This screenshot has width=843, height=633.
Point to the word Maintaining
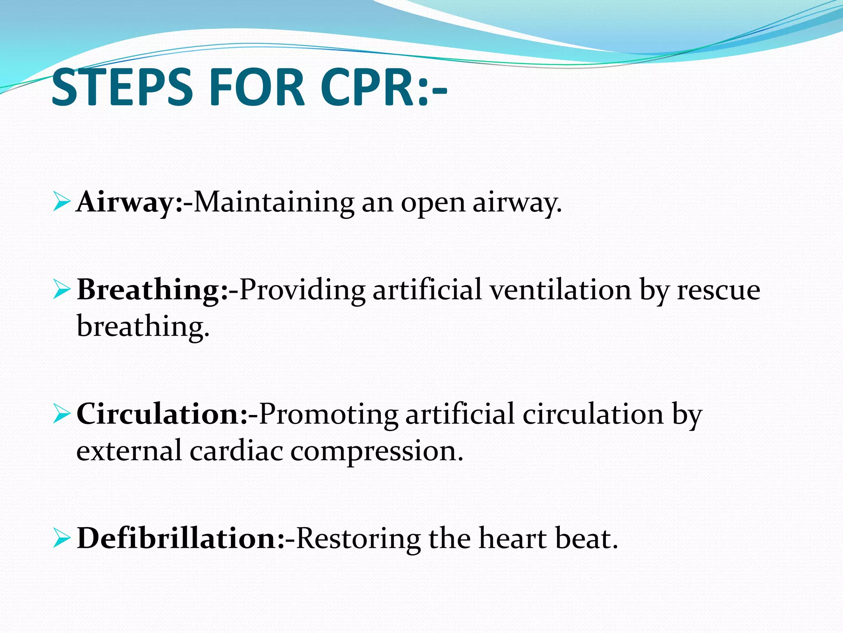pos(274,202)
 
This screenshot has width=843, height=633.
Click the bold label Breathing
pos(149,290)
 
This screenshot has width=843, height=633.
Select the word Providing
pos(302,290)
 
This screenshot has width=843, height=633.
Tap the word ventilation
pos(560,289)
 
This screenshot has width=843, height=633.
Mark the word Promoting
pos(328,415)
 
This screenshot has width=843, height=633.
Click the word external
pos(129,450)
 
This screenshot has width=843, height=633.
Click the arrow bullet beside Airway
pos(62,202)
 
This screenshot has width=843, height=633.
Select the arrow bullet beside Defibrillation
pos(62,539)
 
